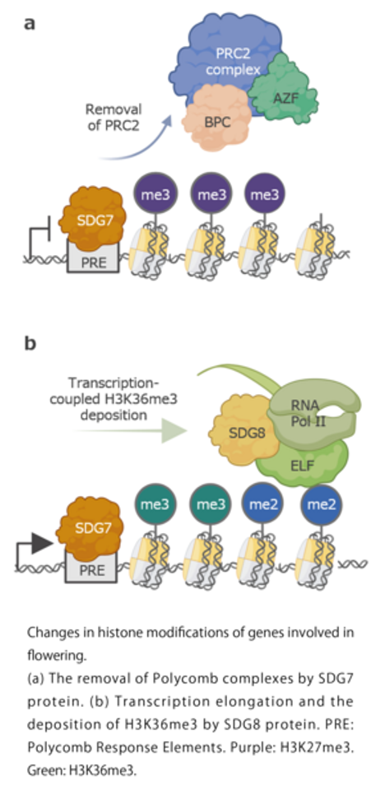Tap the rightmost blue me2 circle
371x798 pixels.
tap(321, 504)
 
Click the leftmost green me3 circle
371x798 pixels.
tap(152, 504)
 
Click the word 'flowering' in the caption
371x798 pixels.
tap(55, 656)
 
